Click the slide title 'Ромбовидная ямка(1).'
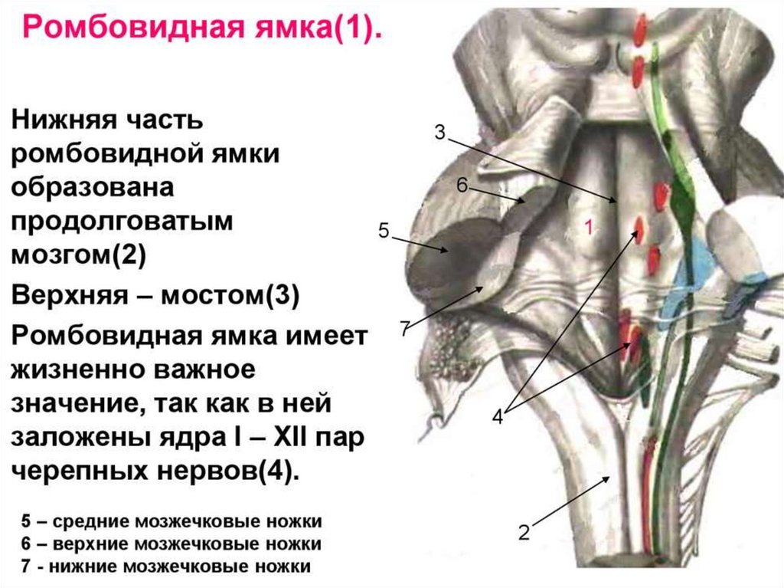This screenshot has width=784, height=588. click(x=201, y=33)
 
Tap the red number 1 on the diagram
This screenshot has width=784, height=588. click(x=588, y=227)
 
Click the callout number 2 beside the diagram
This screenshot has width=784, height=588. click(x=524, y=532)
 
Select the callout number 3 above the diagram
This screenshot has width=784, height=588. click(x=439, y=132)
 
